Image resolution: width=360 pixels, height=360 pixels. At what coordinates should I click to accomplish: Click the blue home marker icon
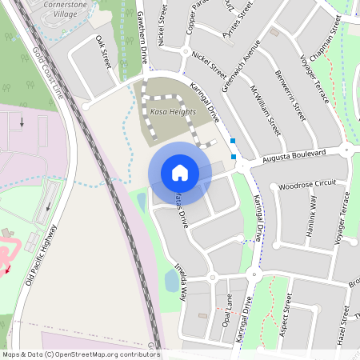point(180,173)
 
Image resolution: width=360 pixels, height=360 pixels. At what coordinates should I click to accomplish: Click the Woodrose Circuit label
point(308,184)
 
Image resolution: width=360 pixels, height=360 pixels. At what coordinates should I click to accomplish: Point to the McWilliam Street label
point(264,109)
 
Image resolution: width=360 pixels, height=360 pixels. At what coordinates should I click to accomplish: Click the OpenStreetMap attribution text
point(80,354)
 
